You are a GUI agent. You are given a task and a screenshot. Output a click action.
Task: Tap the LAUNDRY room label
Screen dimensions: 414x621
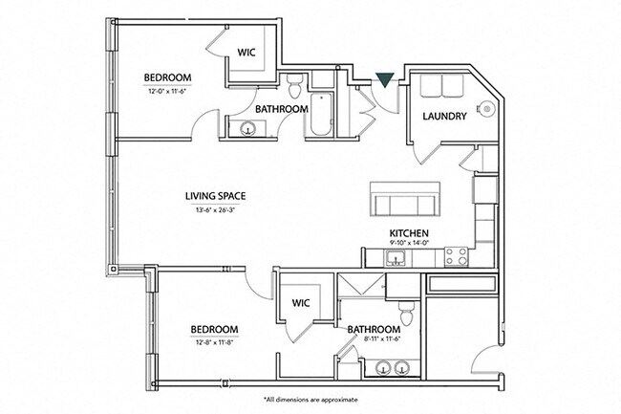[443, 117]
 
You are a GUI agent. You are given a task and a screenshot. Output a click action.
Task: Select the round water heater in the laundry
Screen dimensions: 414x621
[488, 110]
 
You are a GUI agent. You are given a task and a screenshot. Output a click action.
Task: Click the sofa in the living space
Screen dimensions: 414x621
[403, 203]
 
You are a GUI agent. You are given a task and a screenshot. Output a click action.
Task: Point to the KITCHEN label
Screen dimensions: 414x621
[408, 233]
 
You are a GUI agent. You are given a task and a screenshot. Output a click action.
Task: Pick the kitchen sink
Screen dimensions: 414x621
[401, 255]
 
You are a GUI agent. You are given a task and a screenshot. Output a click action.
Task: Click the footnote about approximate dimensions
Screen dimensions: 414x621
[310, 398]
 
